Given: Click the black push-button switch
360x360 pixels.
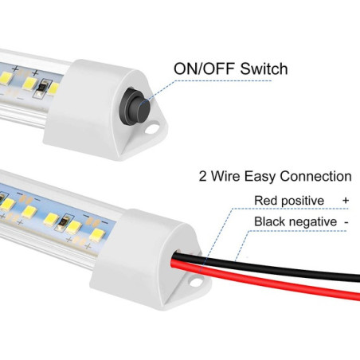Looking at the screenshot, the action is point(136,104).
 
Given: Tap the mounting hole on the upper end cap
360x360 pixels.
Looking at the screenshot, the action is point(151,130).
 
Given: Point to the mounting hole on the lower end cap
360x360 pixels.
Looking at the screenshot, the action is point(195,282).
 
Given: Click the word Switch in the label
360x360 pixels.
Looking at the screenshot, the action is point(264,68).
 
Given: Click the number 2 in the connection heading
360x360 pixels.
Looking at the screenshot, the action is point(202,176).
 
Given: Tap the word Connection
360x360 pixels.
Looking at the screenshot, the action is point(315,176).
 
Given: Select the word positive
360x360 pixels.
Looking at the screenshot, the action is point(303,202).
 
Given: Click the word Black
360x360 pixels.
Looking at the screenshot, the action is point(268,221).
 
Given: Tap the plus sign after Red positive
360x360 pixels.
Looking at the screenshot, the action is point(346,200).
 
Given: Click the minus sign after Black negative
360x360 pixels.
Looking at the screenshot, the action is point(346,222).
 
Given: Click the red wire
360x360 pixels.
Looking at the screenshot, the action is point(265,280).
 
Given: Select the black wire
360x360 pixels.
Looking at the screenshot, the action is point(265,267).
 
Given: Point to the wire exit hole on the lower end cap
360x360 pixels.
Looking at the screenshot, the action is point(177,255).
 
